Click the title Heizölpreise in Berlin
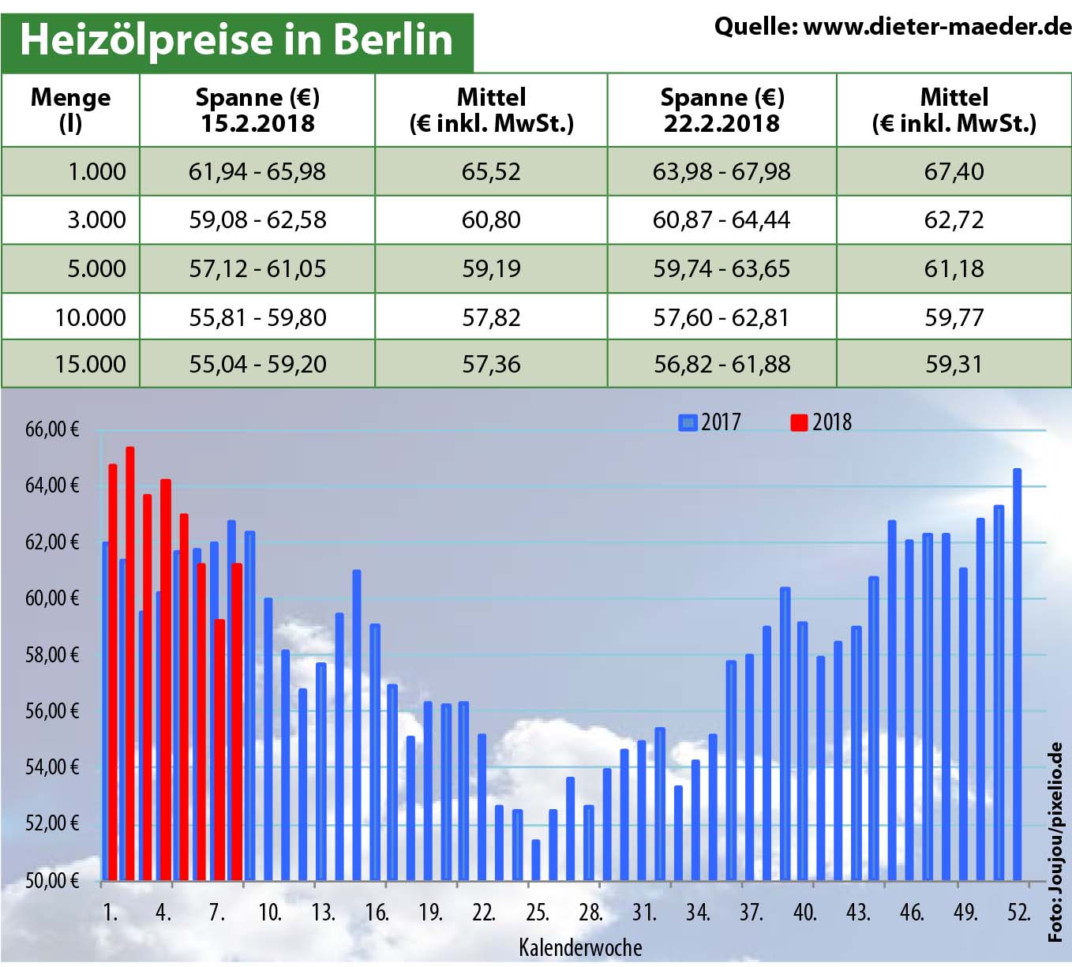[237, 39]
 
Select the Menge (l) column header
[70, 110]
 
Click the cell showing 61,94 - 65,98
[257, 171]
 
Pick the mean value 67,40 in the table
[954, 171]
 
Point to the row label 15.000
[90, 364]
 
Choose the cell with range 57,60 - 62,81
[721, 317]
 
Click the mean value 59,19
[491, 268]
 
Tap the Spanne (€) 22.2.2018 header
[722, 110]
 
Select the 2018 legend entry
[822, 422]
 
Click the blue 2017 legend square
[688, 422]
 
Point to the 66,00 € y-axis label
[52, 429]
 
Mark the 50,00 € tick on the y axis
[52, 880]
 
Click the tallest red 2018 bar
[130, 663]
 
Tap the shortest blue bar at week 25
[536, 860]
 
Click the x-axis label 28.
[590, 913]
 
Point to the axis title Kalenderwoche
[580, 947]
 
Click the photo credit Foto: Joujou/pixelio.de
[1055, 841]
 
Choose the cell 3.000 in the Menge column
[96, 219]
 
